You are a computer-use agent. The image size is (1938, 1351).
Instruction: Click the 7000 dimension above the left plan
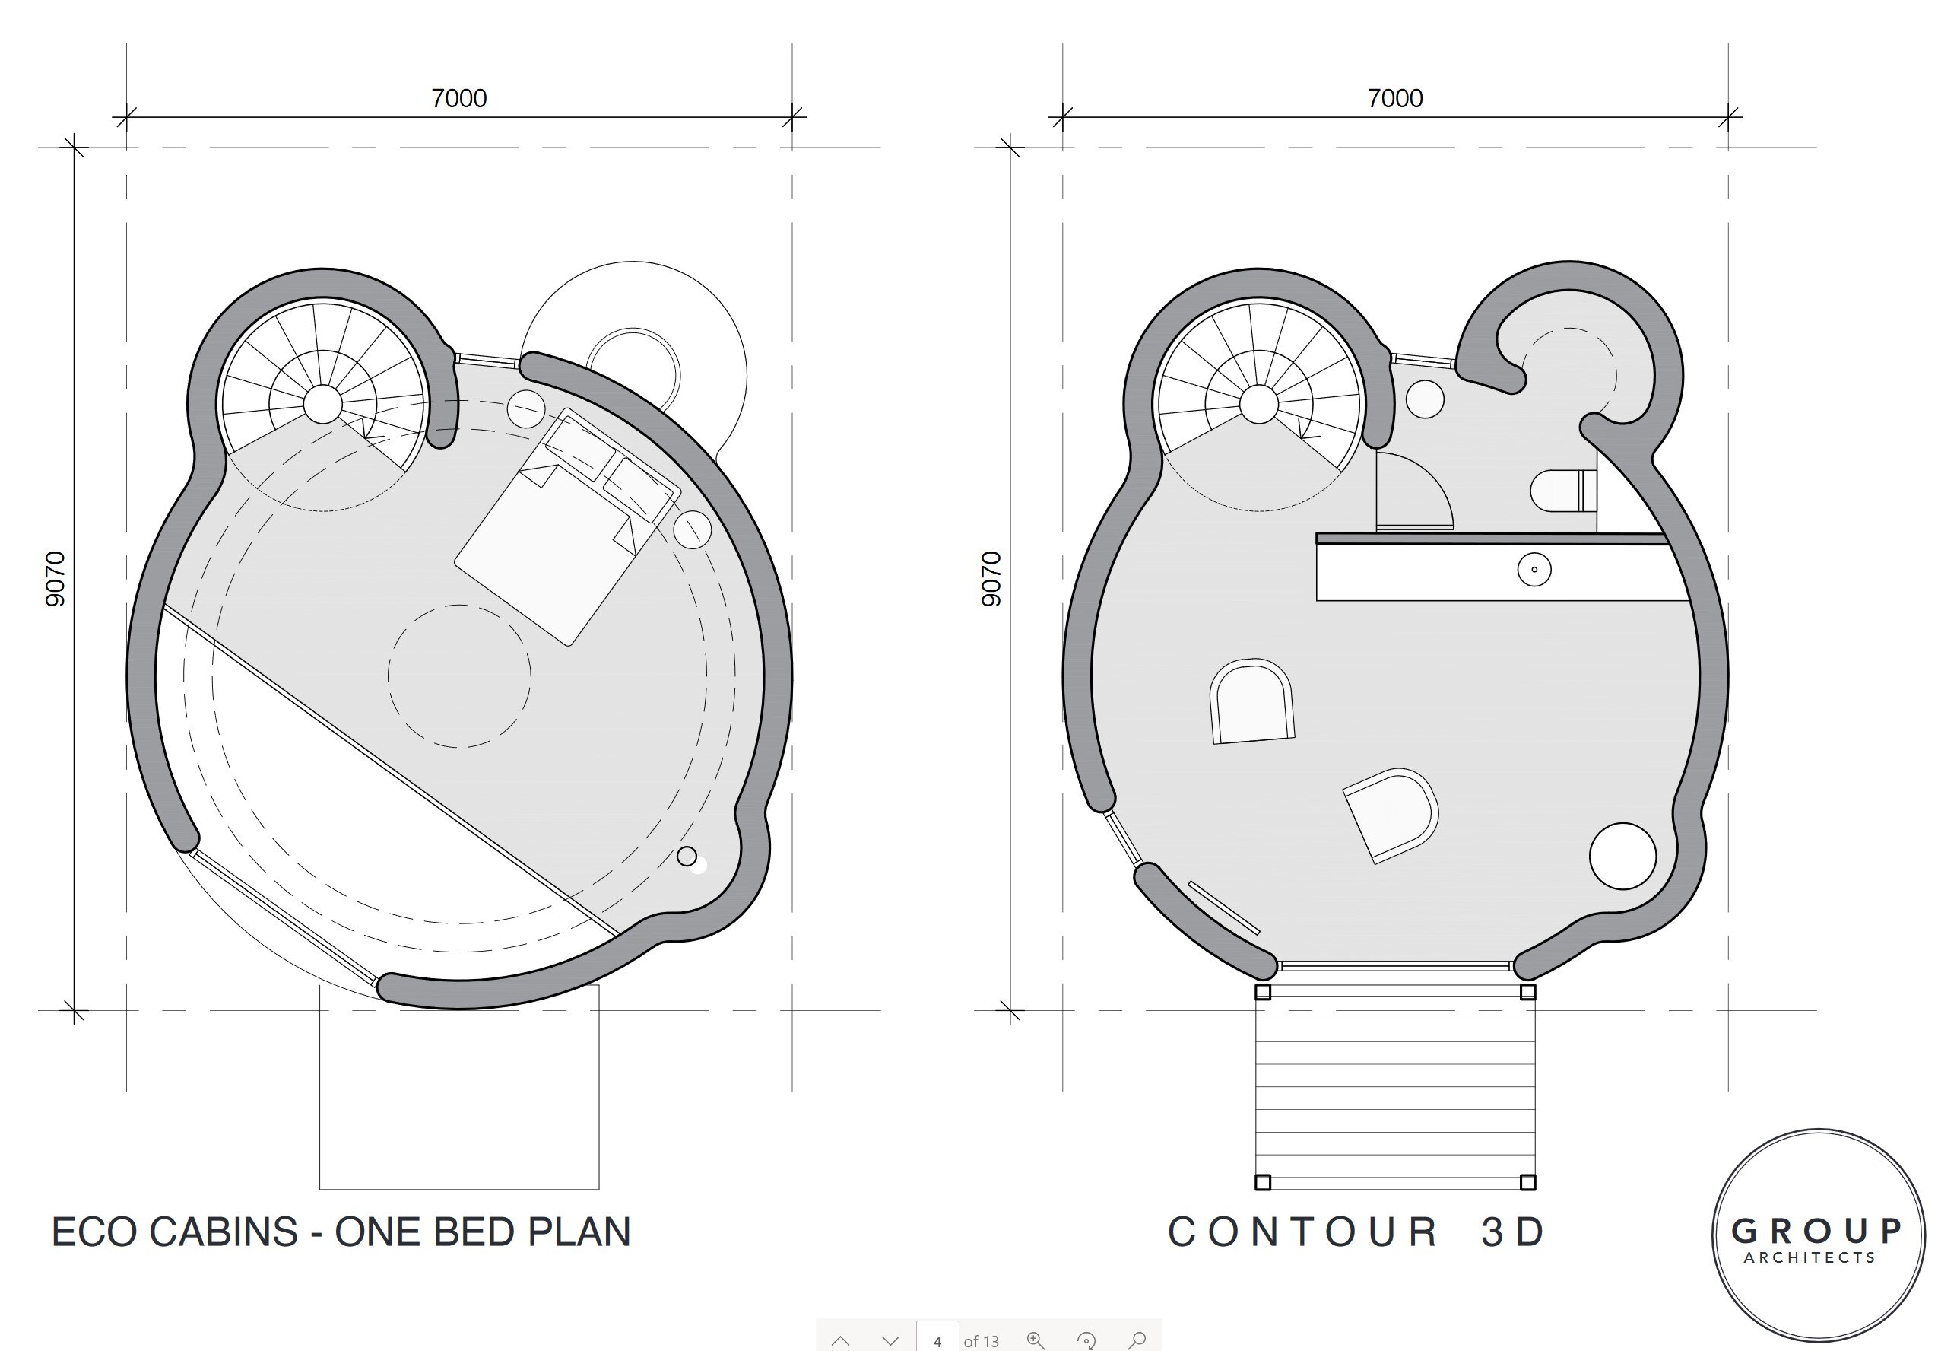(x=458, y=99)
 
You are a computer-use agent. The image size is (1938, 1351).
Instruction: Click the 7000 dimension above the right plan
(x=1394, y=99)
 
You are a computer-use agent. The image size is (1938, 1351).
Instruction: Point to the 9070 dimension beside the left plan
(x=55, y=578)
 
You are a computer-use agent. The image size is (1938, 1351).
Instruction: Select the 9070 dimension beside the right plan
(x=991, y=578)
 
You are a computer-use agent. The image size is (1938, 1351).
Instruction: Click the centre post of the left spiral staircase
(x=322, y=405)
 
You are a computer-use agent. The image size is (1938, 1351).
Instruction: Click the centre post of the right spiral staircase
(x=1258, y=405)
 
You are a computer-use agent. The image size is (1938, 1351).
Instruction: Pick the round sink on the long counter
(x=1534, y=569)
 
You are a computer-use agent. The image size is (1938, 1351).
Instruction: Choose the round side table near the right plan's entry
(x=1622, y=855)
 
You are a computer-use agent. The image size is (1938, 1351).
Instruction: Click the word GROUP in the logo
(x=1816, y=1231)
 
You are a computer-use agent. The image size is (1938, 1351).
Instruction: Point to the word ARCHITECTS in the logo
(x=1810, y=1258)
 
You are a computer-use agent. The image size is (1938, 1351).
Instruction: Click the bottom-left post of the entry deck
(x=1263, y=1182)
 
